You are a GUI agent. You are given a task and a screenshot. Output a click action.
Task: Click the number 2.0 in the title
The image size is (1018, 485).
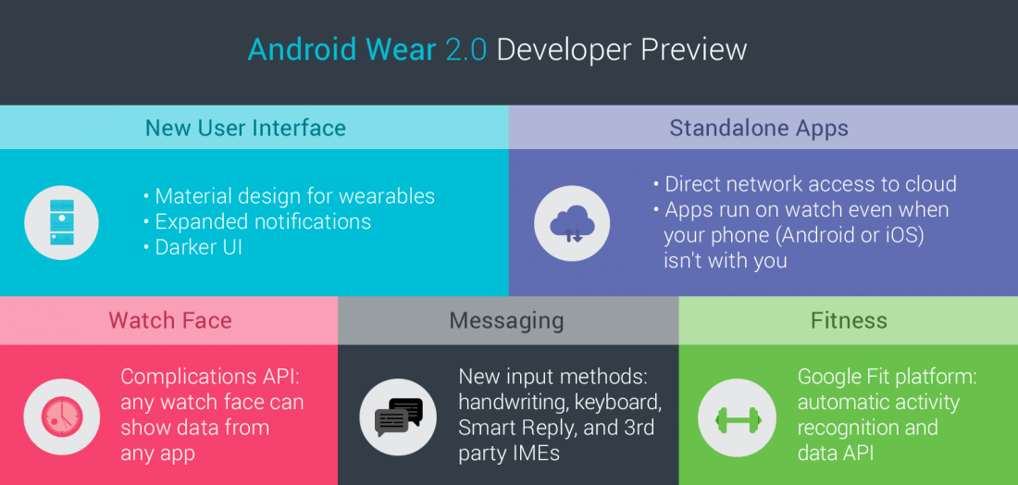(x=466, y=51)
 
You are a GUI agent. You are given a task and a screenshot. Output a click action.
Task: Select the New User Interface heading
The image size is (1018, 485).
(x=245, y=127)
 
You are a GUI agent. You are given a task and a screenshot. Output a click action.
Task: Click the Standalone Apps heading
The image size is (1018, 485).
(x=759, y=128)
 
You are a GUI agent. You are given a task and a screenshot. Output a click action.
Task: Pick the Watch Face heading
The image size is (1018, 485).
(x=170, y=320)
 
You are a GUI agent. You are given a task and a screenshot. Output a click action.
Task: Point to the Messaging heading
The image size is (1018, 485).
(x=506, y=320)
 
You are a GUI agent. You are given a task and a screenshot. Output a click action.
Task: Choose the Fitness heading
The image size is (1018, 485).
(x=849, y=320)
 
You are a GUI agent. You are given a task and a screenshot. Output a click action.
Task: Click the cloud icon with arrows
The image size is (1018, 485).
(x=571, y=224)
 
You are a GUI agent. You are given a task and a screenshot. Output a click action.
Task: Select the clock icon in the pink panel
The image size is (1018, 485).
(x=62, y=417)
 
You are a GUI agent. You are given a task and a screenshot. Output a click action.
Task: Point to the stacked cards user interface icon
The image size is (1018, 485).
(x=62, y=223)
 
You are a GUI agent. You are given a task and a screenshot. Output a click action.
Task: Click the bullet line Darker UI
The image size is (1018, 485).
(x=192, y=247)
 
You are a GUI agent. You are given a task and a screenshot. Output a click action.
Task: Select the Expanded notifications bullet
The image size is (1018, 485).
(x=257, y=221)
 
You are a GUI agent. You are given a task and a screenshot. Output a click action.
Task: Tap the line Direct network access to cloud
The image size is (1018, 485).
(x=805, y=184)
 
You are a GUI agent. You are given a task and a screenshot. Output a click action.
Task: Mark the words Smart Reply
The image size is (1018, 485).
(x=515, y=428)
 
